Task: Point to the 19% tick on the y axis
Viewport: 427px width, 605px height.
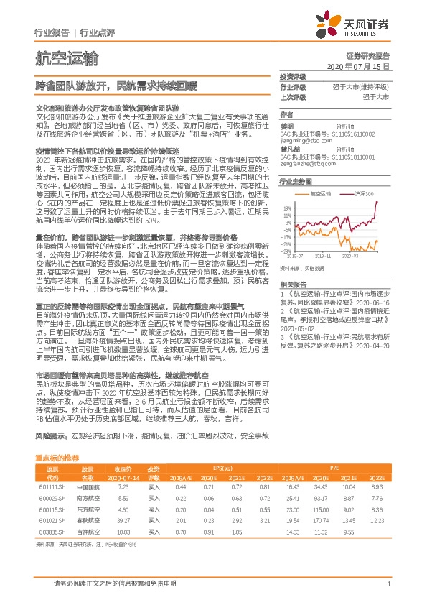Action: coord(286,205)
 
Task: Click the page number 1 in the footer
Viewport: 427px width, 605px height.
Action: coord(388,584)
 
